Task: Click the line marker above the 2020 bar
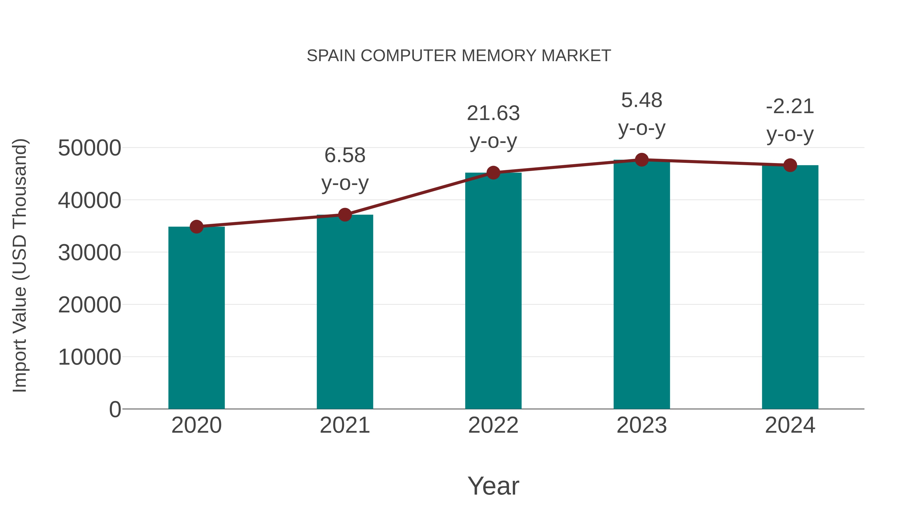[196, 227]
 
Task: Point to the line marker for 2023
[642, 160]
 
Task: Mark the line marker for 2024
[790, 165]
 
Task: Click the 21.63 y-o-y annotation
[493, 127]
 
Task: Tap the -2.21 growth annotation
[790, 120]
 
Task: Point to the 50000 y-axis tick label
[90, 148]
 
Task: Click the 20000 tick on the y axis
[90, 305]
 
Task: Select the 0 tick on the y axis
[115, 409]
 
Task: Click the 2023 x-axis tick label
[642, 425]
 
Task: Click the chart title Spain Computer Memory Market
[459, 56]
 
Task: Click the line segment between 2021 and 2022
[419, 194]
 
